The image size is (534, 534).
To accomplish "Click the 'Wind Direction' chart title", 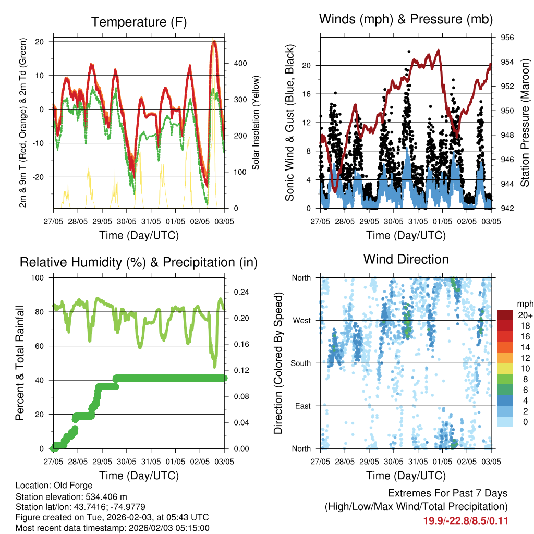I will [406, 259].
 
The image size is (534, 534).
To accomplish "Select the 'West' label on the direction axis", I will [301, 320].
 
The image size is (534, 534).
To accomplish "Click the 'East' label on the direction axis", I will [302, 406].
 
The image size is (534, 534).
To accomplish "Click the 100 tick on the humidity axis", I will [38, 277].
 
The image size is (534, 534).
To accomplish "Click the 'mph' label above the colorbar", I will [524, 304].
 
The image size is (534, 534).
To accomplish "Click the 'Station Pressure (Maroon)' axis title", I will [525, 123].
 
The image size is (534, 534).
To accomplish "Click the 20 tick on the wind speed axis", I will [307, 66].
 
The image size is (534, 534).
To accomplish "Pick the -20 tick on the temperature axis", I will [39, 177].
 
